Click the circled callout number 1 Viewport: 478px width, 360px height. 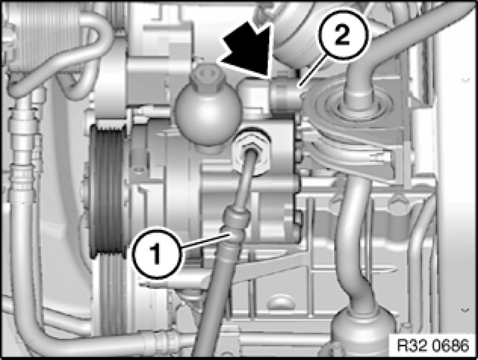point(157,253)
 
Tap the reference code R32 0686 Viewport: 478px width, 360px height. point(433,345)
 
